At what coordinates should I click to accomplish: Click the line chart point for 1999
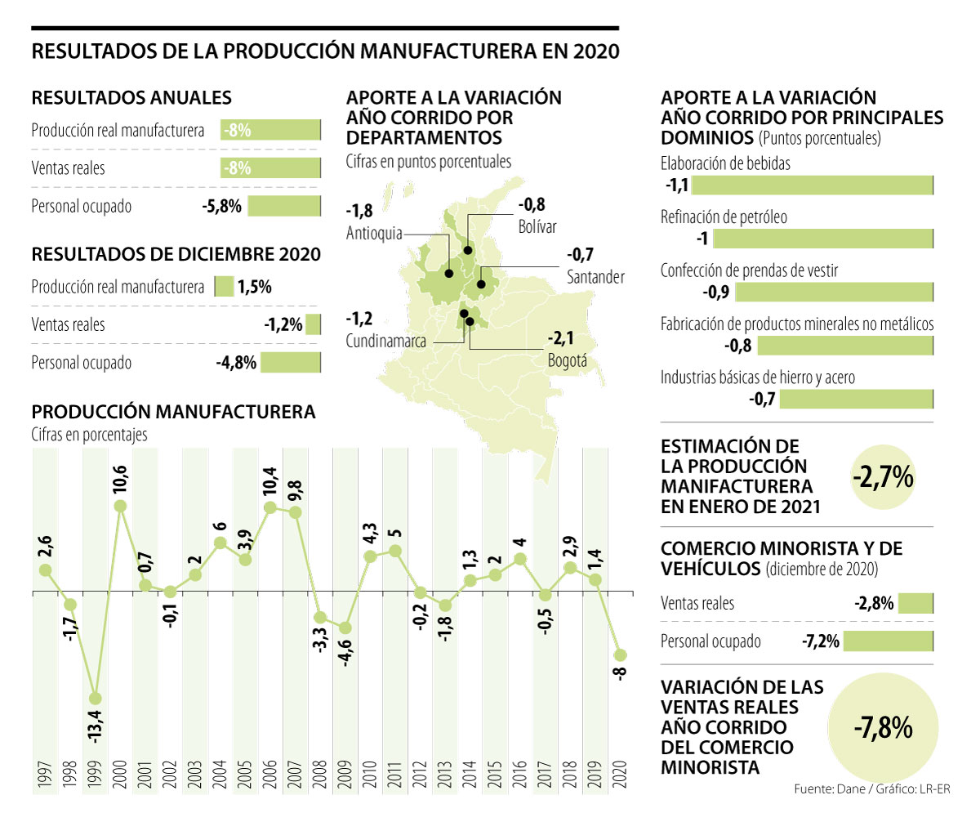(96, 699)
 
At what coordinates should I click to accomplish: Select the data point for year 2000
(120, 506)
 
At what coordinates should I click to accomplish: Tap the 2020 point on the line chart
(620, 655)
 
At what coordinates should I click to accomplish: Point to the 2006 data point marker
(270, 507)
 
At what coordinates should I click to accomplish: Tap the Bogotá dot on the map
(470, 321)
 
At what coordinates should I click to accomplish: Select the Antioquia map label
(374, 233)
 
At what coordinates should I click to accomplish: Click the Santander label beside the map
(595, 277)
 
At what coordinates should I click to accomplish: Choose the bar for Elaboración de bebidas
(813, 185)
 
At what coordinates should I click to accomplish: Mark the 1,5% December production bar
(223, 287)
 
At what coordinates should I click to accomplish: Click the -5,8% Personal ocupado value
(221, 206)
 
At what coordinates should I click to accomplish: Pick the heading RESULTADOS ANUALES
(131, 98)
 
